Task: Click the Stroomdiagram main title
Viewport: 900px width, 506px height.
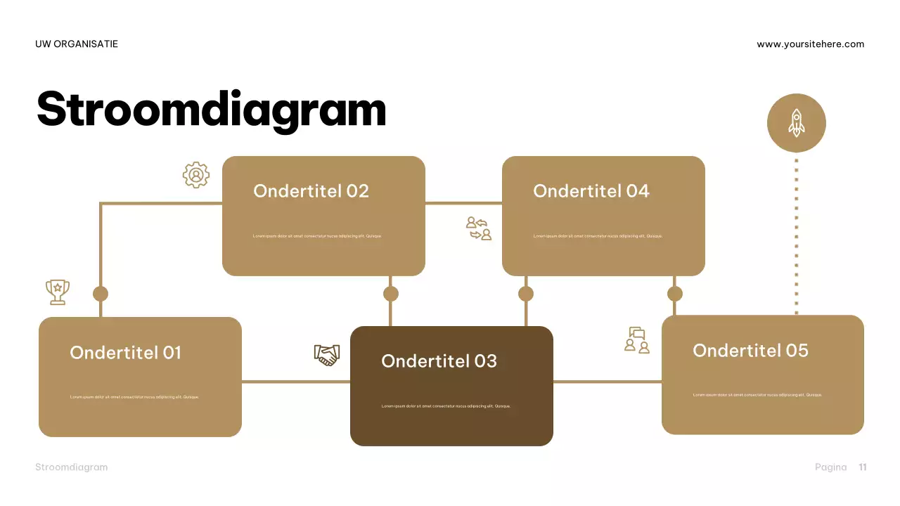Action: [x=211, y=110]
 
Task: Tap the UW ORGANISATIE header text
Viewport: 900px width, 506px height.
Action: [x=77, y=44]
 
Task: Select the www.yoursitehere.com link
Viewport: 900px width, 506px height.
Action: [x=810, y=44]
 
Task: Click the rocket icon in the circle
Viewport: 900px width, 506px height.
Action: [x=796, y=123]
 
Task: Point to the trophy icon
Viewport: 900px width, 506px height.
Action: [x=58, y=292]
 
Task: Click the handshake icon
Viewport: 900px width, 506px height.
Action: [x=327, y=354]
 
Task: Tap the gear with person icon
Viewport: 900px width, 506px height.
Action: [x=196, y=175]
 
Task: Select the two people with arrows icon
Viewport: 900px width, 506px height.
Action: [x=479, y=228]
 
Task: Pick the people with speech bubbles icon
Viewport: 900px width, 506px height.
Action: [x=637, y=340]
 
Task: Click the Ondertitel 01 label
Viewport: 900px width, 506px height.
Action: [x=125, y=353]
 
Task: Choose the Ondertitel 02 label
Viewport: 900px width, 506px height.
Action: [x=311, y=191]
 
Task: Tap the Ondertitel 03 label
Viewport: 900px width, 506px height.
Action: [x=439, y=361]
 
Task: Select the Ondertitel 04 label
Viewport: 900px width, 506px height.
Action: [x=591, y=191]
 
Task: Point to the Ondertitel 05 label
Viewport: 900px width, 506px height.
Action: [x=750, y=351]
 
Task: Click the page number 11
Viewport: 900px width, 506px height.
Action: [x=863, y=467]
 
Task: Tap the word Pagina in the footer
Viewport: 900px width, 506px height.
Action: [x=830, y=467]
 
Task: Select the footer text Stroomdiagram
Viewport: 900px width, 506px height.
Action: [x=72, y=467]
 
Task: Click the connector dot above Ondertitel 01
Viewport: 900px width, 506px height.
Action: [x=101, y=294]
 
